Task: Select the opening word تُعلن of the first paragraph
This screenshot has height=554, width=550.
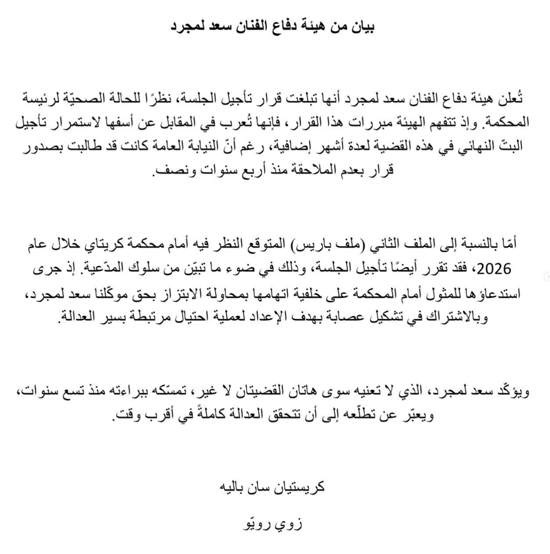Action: click(510, 98)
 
